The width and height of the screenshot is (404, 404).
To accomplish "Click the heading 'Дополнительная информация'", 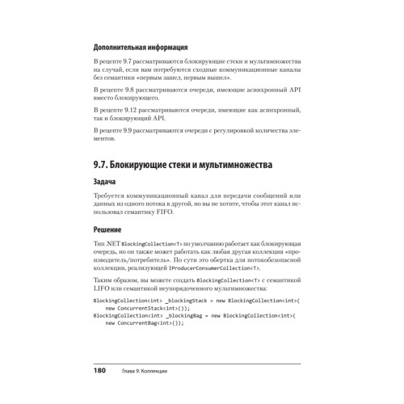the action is point(141,46).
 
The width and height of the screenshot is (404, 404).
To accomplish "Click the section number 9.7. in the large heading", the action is point(106,166).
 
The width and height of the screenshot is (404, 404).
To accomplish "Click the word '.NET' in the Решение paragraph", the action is point(114,243).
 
